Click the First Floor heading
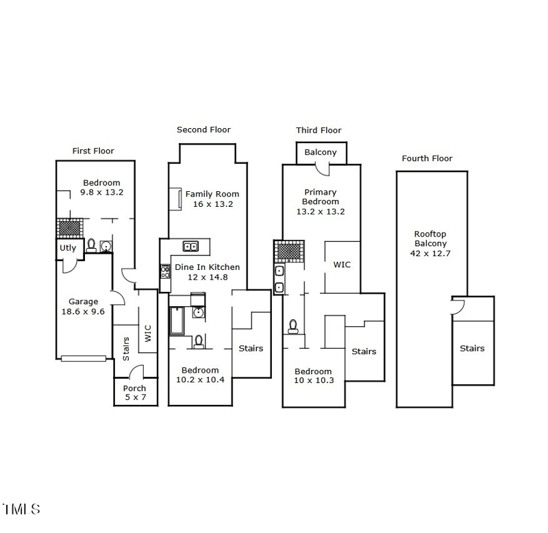pyautogui.click(x=93, y=151)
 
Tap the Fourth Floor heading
pyautogui.click(x=427, y=158)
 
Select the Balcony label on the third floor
pyautogui.click(x=321, y=152)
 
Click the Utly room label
pyautogui.click(x=68, y=248)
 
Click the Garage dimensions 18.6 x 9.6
pyautogui.click(x=83, y=312)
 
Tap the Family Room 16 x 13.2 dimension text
pyautogui.click(x=213, y=204)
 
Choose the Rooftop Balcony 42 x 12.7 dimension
pyautogui.click(x=430, y=253)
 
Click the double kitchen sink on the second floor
pyautogui.click(x=190, y=247)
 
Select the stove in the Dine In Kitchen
pyautogui.click(x=165, y=271)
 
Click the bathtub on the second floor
pyautogui.click(x=177, y=321)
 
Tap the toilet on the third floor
pyautogui.click(x=293, y=326)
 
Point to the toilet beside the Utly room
pyautogui.click(x=91, y=245)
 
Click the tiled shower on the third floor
pyautogui.click(x=289, y=251)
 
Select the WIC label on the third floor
pyautogui.click(x=342, y=264)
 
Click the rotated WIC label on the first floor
pyautogui.click(x=148, y=334)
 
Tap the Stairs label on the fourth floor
pyautogui.click(x=472, y=349)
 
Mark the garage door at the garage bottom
pyautogui.click(x=84, y=358)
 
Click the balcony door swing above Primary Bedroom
pyautogui.click(x=322, y=169)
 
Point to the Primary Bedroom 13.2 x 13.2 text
pyautogui.click(x=321, y=212)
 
